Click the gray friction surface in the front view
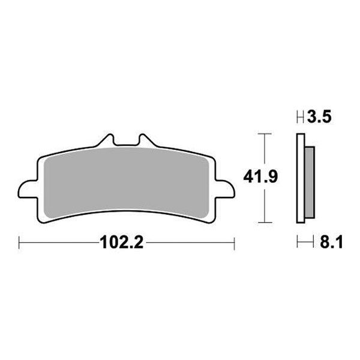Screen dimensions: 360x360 [126, 180]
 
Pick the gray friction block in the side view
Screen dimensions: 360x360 [309, 183]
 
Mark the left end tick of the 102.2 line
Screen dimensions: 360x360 [20, 244]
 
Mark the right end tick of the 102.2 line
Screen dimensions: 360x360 [234, 244]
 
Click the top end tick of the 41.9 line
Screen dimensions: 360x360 [260, 133]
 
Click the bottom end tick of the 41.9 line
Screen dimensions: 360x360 [260, 222]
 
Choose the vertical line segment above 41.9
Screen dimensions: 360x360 [260, 150]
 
